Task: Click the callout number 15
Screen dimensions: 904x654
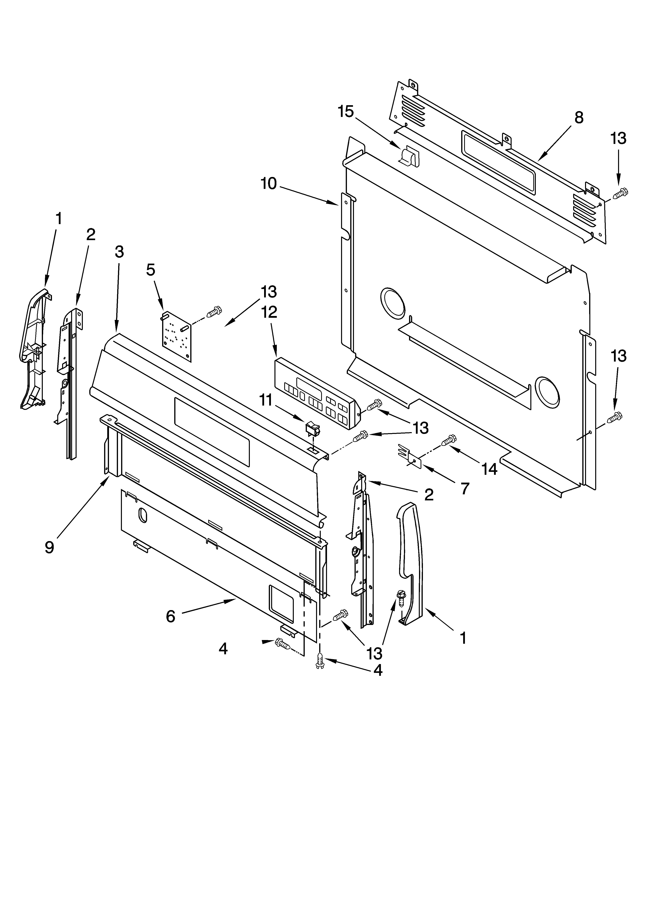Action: click(346, 112)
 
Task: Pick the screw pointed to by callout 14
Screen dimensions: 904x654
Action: click(449, 440)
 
